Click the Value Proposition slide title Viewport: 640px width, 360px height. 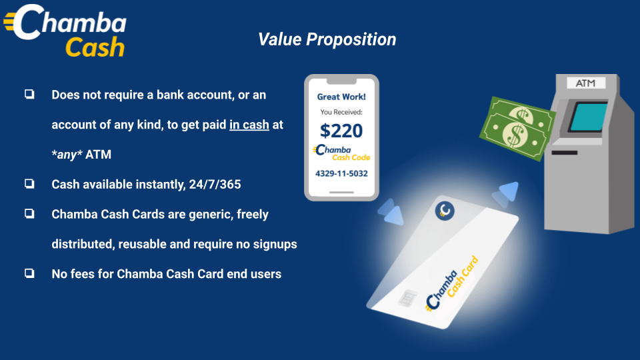pos(327,39)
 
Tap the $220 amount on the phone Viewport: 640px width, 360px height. pos(341,131)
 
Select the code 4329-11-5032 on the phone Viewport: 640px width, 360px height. pos(341,173)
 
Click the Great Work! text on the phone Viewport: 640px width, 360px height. pos(341,97)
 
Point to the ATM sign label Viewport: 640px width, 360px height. pos(585,83)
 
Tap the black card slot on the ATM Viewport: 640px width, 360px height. pos(565,153)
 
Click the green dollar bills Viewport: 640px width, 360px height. pos(517,129)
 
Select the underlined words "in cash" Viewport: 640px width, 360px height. pos(249,125)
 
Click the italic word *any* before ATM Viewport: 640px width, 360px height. pos(67,155)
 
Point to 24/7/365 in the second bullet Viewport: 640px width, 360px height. pos(215,185)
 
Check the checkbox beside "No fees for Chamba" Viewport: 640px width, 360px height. pos(29,273)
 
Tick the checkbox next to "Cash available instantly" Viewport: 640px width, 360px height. pos(29,184)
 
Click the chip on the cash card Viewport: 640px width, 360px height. pos(407,297)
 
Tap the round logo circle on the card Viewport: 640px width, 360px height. pos(445,211)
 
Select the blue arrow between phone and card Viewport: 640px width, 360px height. pos(391,212)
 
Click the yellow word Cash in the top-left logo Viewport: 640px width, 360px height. pos(95,47)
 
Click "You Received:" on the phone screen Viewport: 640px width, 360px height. pos(341,112)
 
